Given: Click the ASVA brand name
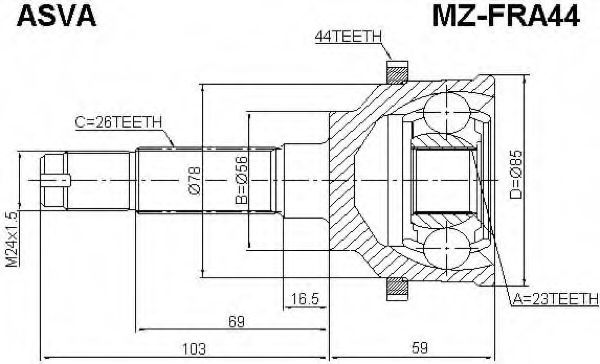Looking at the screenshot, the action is click(x=56, y=16).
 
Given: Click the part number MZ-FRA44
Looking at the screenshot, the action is click(x=506, y=16).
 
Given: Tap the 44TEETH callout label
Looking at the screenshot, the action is click(x=348, y=36).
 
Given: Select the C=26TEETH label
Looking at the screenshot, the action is click(x=118, y=122).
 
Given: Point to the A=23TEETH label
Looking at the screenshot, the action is click(x=555, y=298).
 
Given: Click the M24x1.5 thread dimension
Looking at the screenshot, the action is click(x=12, y=239).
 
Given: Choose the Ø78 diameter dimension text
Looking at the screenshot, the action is click(x=194, y=180).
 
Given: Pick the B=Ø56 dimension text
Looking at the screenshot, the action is click(x=242, y=180).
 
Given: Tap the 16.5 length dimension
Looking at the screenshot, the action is click(x=305, y=299).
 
